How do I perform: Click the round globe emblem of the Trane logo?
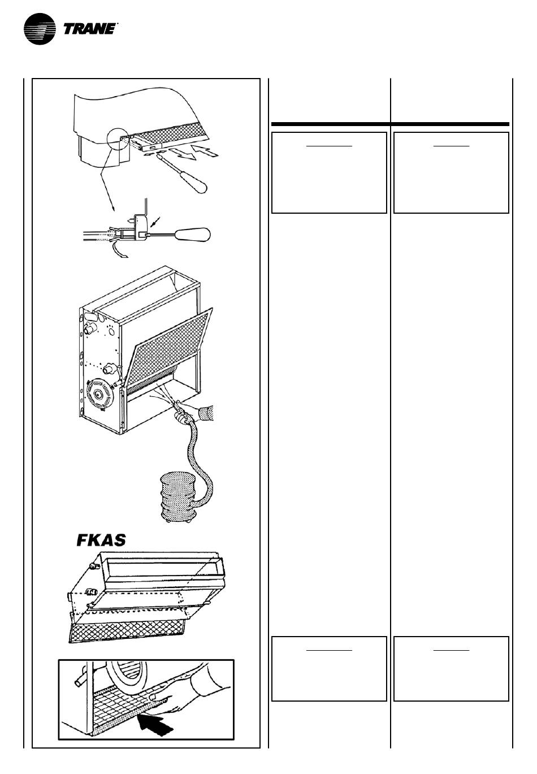click(x=40, y=29)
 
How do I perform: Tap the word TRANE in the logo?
click(x=89, y=29)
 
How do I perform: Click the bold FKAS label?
click(x=101, y=540)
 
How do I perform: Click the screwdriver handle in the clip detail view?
click(x=193, y=235)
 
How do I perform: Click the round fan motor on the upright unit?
click(x=99, y=394)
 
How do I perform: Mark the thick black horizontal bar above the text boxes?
click(x=390, y=124)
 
